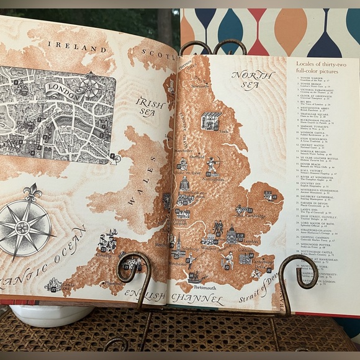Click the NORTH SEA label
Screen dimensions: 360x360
pos(253,79)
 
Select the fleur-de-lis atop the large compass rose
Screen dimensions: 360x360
pos(32,192)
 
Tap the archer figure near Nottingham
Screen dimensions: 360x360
pos(213,164)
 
